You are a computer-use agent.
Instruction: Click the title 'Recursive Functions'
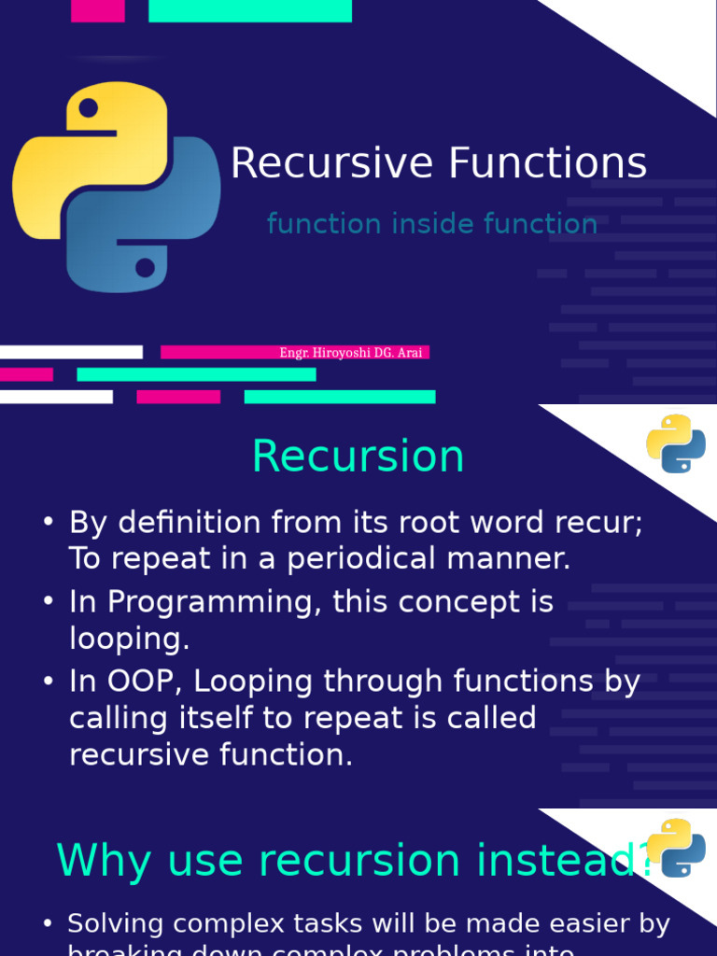pos(438,163)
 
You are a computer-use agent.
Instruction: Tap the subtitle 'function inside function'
pos(431,224)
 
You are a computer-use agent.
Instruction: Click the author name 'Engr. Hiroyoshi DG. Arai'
pos(351,353)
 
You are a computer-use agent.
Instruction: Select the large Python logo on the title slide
pos(117,187)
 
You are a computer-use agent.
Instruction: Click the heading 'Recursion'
pos(358,457)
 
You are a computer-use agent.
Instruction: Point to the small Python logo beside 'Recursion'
pos(676,443)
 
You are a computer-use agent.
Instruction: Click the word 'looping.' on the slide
pos(130,639)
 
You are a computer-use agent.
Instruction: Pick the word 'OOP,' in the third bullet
pos(148,682)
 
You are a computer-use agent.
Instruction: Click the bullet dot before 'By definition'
pos(49,524)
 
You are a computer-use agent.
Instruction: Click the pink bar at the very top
pos(98,10)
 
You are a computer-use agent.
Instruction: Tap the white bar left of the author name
pos(71,352)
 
